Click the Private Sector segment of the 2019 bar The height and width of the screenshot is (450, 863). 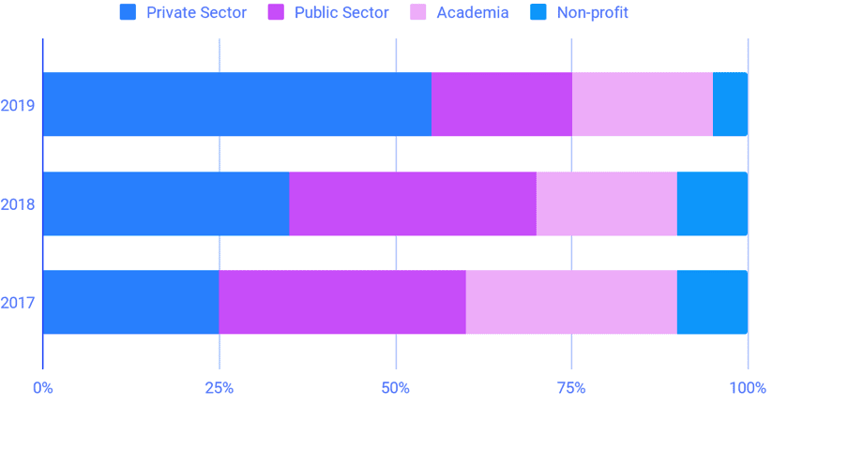(236, 104)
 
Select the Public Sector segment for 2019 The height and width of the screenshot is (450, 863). (501, 104)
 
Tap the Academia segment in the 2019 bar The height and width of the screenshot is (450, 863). (642, 104)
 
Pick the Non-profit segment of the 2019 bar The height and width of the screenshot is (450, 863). (730, 104)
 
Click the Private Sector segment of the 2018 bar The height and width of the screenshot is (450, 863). (165, 203)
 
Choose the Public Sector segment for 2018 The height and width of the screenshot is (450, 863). (413, 203)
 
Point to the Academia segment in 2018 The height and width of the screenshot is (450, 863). (606, 203)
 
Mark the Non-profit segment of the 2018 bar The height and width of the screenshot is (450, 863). (712, 203)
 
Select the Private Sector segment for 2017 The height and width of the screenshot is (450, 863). (130, 302)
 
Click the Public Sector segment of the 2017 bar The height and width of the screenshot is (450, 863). (342, 302)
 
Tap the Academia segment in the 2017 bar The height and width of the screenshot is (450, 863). (571, 302)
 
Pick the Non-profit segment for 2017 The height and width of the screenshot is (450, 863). (712, 302)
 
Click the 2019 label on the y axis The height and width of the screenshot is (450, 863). (18, 105)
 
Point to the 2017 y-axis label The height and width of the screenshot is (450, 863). (18, 303)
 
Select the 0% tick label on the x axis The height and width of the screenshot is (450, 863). (42, 388)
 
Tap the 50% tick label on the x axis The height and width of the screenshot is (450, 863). (395, 388)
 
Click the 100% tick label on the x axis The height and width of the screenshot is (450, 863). (747, 388)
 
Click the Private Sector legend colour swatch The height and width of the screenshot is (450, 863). (129, 12)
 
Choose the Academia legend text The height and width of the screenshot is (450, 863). (472, 12)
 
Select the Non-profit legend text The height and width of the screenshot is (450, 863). (592, 12)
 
